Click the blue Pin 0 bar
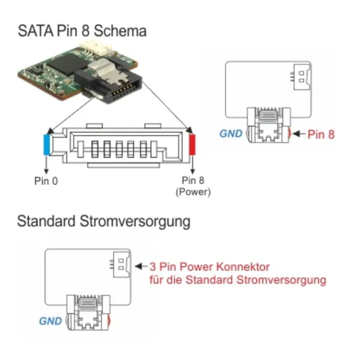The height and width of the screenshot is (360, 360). coord(47,145)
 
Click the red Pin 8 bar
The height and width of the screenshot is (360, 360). coord(192,145)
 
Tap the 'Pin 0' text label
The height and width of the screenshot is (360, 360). coord(46,181)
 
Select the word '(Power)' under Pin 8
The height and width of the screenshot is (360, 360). coord(193,192)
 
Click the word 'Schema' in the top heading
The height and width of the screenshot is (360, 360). coord(120,31)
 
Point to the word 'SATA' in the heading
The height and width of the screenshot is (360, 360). coord(35,31)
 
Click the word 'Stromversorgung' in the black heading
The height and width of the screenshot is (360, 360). coord(135,221)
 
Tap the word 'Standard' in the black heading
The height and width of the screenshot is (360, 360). coord(46,221)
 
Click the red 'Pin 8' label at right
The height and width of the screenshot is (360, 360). coord(321,134)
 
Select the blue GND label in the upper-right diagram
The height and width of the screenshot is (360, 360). coord(231,134)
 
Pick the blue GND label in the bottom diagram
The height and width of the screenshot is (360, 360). coord(50,321)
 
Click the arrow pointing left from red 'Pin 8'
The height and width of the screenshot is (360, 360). coord(299,134)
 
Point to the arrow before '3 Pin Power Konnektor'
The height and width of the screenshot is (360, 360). coord(141,266)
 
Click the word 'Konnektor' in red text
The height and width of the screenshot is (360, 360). coord(243,267)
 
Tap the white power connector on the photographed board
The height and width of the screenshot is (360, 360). coord(97,47)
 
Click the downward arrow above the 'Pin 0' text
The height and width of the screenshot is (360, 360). coord(46,164)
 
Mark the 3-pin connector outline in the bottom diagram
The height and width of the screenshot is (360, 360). coord(121,264)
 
